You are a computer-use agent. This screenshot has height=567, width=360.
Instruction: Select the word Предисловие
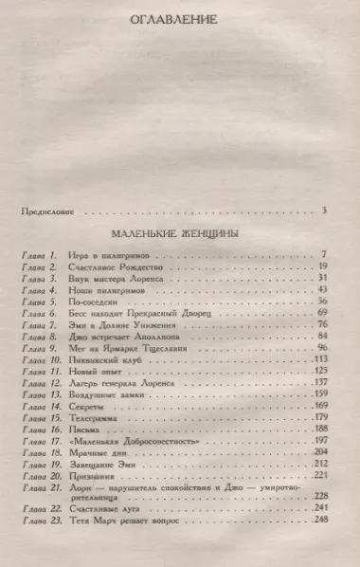[46, 210]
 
